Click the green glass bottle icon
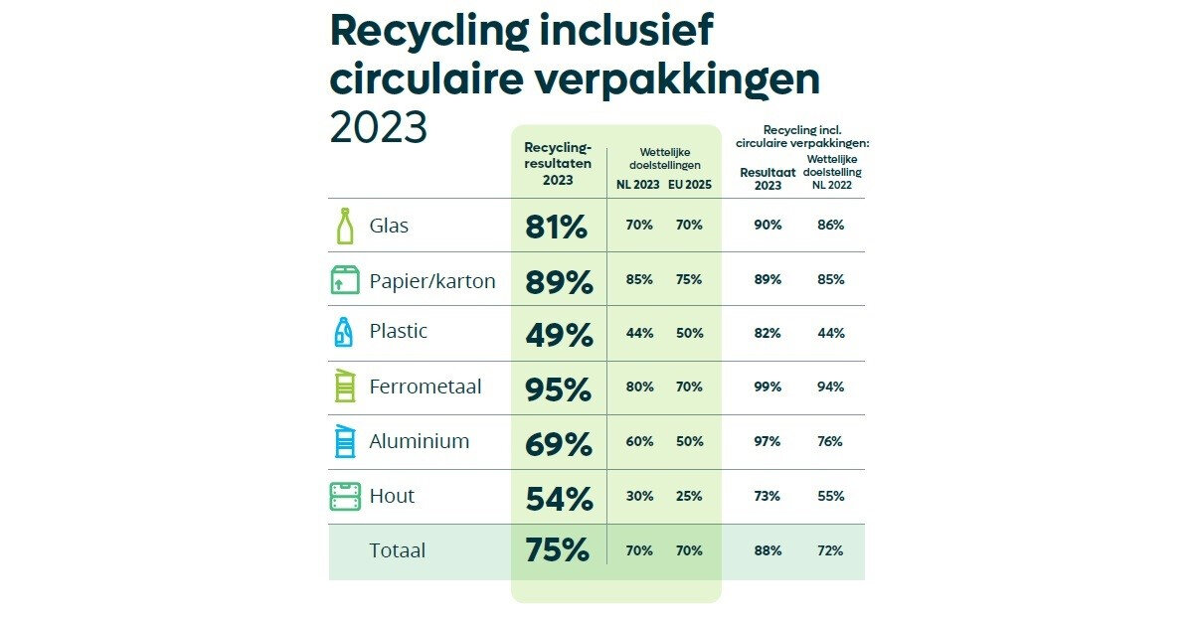point(344,226)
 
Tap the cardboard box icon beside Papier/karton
point(344,280)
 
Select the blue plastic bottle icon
point(344,332)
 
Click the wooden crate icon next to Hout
point(344,496)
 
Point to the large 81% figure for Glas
point(557,227)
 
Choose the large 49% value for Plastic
point(559,335)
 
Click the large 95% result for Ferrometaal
point(559,389)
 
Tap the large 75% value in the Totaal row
point(557,550)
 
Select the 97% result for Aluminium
point(767,441)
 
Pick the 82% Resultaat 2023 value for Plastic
point(767,333)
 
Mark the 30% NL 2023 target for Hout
point(639,496)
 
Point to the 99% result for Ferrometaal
point(767,387)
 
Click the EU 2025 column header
point(690,185)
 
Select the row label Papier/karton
point(432,280)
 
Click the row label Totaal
point(398,549)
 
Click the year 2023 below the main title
point(378,127)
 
